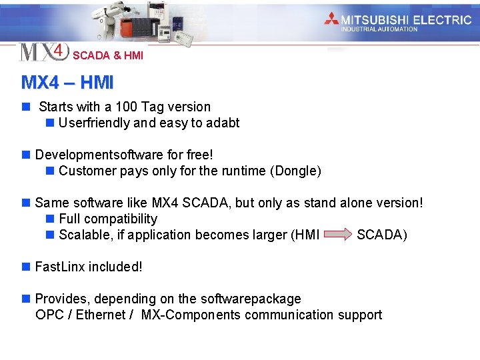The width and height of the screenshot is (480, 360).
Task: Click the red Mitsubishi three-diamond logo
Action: click(x=331, y=19)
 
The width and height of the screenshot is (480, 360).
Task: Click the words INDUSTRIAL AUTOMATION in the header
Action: click(x=379, y=29)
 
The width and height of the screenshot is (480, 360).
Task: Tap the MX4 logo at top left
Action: click(x=44, y=51)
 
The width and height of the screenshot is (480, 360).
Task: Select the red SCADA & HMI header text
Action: click(x=108, y=56)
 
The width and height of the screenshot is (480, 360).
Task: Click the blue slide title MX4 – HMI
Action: click(x=67, y=83)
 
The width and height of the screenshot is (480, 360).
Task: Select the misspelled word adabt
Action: click(x=223, y=123)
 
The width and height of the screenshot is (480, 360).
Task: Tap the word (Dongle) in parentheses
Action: click(x=295, y=171)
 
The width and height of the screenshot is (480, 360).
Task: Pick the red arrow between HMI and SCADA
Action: click(x=337, y=234)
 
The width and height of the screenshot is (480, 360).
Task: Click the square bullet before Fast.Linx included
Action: click(x=26, y=267)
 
